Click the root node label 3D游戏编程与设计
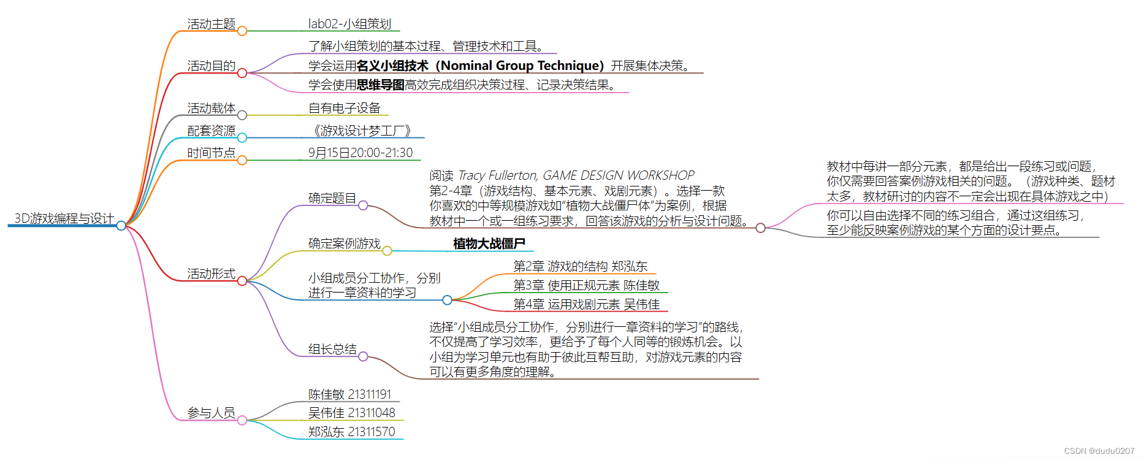64,218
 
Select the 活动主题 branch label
211,24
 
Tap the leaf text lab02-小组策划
349,24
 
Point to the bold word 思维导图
380,85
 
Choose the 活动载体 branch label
211,108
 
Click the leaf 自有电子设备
344,108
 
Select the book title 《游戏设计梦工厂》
362,131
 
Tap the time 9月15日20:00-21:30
360,153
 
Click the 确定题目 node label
332,198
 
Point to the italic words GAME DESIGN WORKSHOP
619,175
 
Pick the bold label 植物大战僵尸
489,243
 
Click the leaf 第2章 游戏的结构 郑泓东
580,266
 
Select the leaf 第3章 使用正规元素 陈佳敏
586,285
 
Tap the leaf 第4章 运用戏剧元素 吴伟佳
586,304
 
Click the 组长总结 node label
332,349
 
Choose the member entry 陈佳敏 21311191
349,394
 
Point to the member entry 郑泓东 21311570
351,432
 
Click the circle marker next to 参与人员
242,420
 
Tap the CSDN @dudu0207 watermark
1099,451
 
